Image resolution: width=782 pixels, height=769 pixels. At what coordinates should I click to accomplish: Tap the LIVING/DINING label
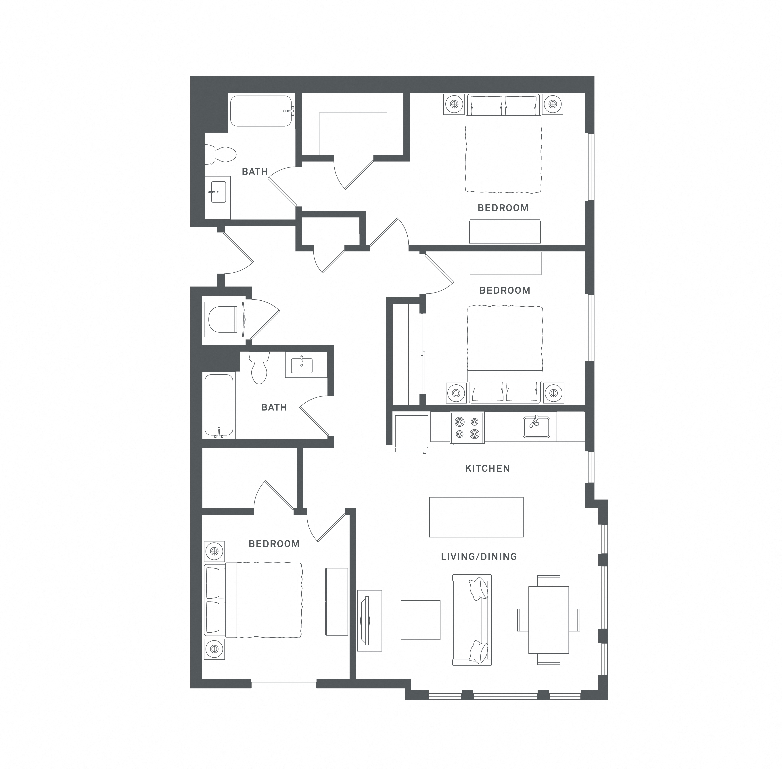(x=479, y=557)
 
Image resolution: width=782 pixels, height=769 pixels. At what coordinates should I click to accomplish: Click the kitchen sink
(x=536, y=427)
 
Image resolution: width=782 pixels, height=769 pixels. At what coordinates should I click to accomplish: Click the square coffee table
(x=420, y=620)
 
